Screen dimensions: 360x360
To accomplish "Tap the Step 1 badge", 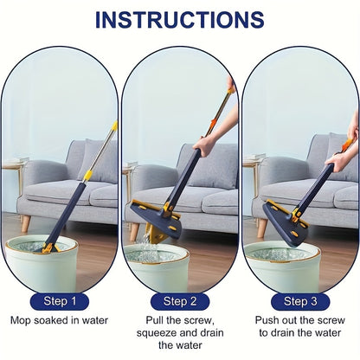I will (59, 302).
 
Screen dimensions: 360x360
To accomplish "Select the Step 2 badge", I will (179, 302).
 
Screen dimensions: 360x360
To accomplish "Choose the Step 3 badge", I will (299, 302).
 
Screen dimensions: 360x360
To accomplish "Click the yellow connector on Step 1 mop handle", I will (87, 176).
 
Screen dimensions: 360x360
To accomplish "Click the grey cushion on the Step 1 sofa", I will (100, 164).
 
